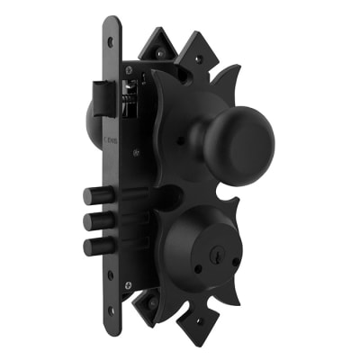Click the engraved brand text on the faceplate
[x=110, y=140]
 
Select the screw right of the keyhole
[x=236, y=262]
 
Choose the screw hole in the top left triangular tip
[x=159, y=53]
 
